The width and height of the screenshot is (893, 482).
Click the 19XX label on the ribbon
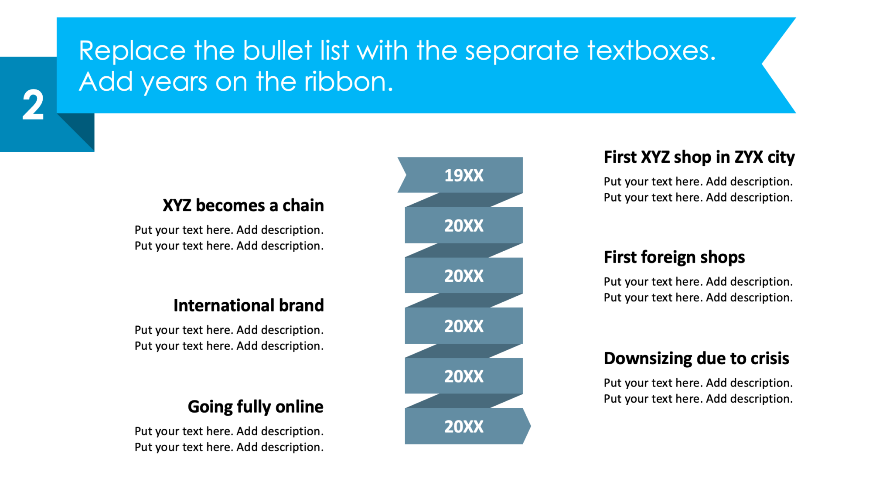pyautogui.click(x=464, y=175)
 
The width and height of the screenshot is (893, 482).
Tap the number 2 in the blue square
pyautogui.click(x=33, y=105)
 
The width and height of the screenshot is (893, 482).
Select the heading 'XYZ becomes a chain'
pyautogui.click(x=243, y=205)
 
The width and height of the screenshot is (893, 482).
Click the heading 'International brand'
pyautogui.click(x=249, y=305)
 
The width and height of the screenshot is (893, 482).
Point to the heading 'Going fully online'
pyautogui.click(x=256, y=407)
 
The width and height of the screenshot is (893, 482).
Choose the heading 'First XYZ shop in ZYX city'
pyautogui.click(x=699, y=157)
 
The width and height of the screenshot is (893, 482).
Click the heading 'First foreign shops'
pyautogui.click(x=674, y=257)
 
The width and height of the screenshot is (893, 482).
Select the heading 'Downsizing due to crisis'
pyautogui.click(x=696, y=358)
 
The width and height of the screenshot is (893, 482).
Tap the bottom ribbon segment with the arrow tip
pyautogui.click(x=464, y=426)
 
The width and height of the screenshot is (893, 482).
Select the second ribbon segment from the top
pyautogui.click(x=464, y=226)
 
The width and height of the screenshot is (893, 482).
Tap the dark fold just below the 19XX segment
pyautogui.click(x=464, y=200)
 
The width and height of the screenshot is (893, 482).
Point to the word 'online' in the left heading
pyautogui.click(x=300, y=407)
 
